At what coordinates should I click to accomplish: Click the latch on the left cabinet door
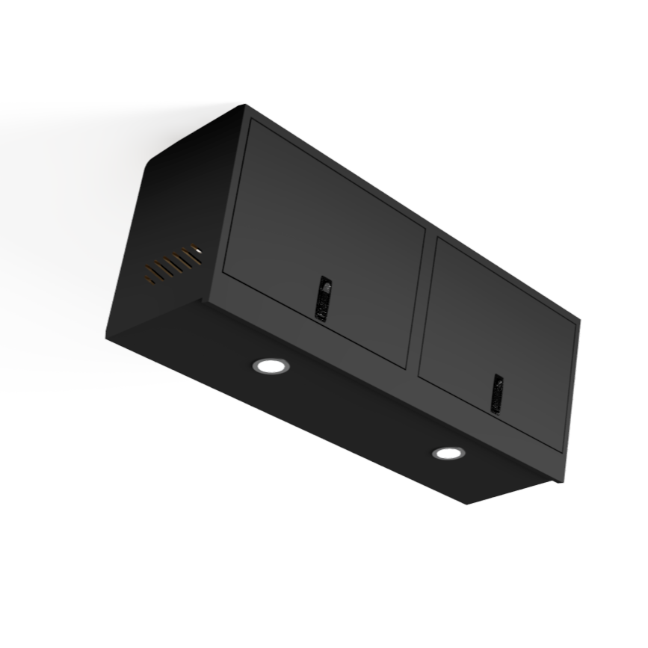[324, 298]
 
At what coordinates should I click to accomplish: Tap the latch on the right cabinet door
[497, 393]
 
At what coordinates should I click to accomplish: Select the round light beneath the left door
[271, 365]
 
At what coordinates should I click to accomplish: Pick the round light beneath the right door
[448, 453]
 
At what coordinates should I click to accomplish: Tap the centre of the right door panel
[499, 345]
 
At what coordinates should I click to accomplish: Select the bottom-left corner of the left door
[223, 272]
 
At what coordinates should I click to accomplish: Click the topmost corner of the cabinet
[244, 105]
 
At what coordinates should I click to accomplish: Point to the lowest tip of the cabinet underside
[466, 503]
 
